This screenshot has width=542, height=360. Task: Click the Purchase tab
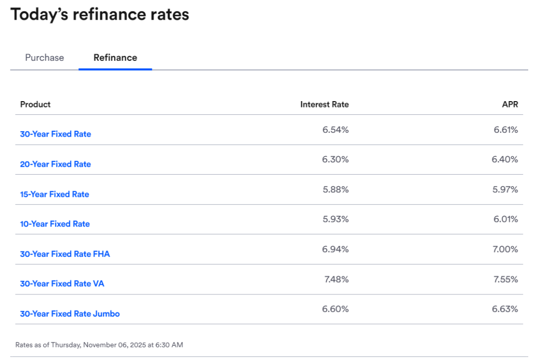(44, 58)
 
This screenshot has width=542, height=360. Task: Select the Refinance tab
(115, 58)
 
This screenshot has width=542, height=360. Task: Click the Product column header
(35, 104)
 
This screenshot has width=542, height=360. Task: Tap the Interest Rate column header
(324, 104)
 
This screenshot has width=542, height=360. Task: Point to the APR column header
(510, 104)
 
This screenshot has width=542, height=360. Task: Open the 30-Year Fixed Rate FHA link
(65, 254)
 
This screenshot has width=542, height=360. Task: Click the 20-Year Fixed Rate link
(56, 164)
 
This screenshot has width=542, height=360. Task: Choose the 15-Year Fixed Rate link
(55, 194)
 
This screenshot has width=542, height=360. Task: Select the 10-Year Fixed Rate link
(55, 224)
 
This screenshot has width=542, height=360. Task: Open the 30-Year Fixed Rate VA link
(62, 284)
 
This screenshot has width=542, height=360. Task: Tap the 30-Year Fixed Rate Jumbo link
(70, 314)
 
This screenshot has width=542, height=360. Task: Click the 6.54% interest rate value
(336, 130)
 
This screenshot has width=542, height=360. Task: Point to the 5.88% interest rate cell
(336, 190)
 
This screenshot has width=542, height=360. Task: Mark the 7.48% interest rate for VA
(336, 279)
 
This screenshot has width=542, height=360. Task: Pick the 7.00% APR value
(505, 249)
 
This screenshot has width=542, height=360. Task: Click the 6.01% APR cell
(505, 219)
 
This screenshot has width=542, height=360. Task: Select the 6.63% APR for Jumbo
(505, 309)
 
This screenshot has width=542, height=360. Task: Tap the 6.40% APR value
(505, 159)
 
